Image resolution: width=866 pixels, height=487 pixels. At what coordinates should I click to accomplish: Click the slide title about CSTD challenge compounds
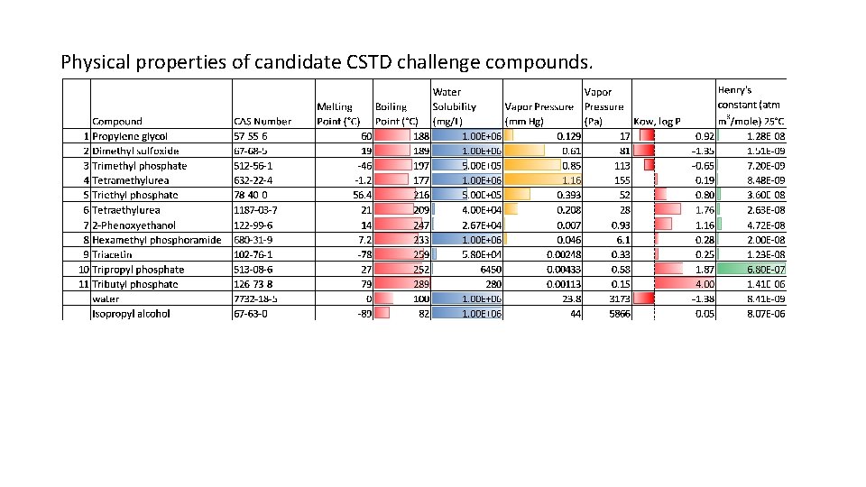(x=327, y=63)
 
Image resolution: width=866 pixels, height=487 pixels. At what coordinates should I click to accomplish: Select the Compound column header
(x=117, y=121)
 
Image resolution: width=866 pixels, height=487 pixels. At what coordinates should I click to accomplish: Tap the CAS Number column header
(x=263, y=121)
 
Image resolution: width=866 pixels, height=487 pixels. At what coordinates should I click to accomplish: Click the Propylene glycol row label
(x=130, y=136)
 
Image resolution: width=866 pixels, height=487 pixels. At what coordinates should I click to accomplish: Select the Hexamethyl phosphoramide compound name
(x=156, y=240)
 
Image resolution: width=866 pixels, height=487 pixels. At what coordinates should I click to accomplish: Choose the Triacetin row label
(x=114, y=254)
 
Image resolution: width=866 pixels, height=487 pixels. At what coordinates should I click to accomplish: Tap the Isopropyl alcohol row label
(x=131, y=314)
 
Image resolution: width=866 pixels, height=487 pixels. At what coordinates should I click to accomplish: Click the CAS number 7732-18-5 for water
(x=257, y=299)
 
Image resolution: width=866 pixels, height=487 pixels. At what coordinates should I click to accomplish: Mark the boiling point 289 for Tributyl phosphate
(x=419, y=284)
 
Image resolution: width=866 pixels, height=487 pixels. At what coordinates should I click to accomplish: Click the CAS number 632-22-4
(x=256, y=180)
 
